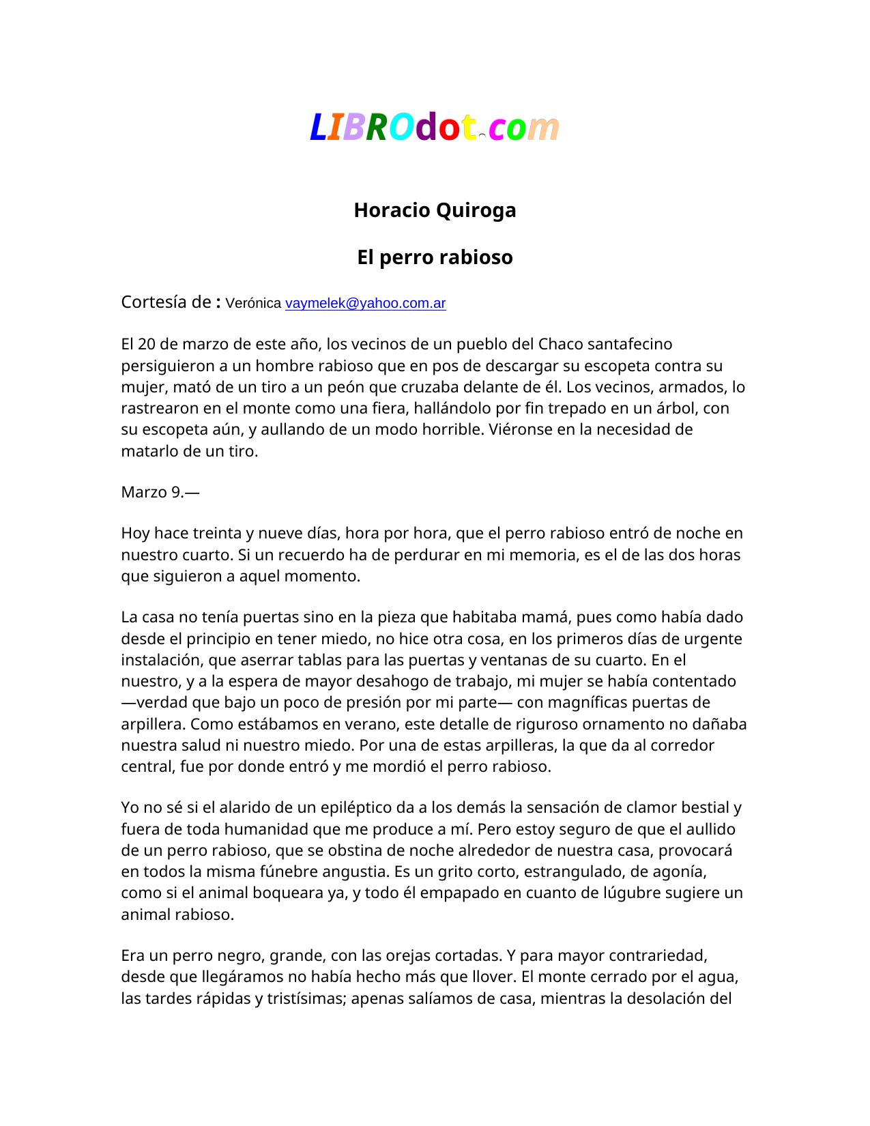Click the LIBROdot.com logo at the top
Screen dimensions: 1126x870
(435, 127)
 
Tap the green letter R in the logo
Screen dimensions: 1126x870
(377, 128)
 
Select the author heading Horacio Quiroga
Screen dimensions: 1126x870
(435, 210)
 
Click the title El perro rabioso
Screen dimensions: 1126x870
(435, 257)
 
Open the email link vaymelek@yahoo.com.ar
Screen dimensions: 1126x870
(365, 303)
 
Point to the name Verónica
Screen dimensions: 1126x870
(252, 303)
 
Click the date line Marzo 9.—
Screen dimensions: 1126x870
(160, 492)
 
